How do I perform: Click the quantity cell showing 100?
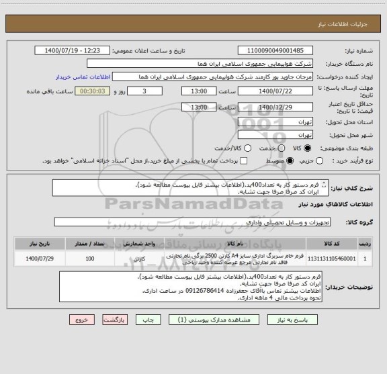pyautogui.click(x=90, y=258)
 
